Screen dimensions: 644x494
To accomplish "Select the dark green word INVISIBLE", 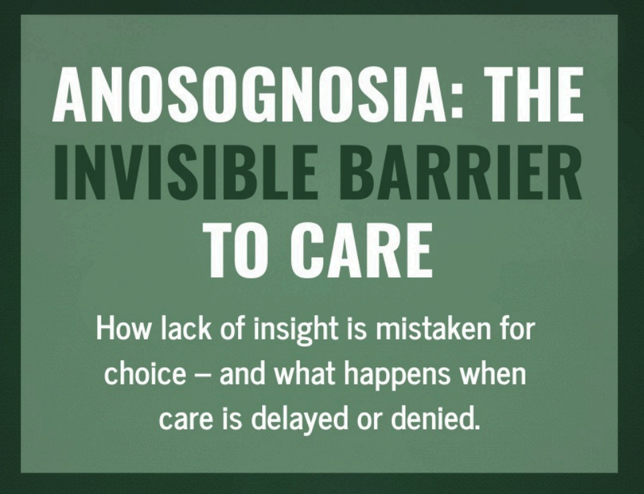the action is (x=185, y=171).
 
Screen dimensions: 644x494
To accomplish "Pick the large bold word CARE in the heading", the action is (x=362, y=249).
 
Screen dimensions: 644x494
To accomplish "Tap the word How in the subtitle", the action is (x=123, y=329).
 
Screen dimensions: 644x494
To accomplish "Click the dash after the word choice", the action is (x=203, y=375).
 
